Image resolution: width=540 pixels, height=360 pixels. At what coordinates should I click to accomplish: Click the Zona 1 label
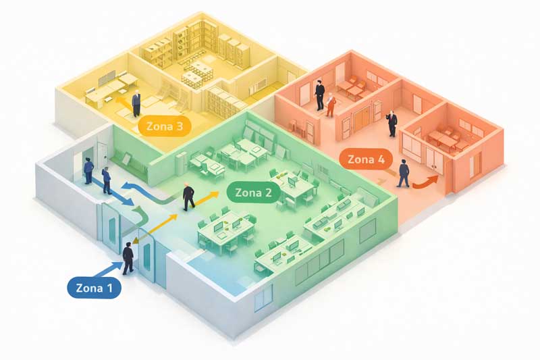94,288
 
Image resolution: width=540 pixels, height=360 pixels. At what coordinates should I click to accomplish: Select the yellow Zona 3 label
164,126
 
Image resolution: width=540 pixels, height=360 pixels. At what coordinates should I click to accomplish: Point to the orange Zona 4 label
366,159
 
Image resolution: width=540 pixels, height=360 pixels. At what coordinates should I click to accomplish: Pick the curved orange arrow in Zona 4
426,182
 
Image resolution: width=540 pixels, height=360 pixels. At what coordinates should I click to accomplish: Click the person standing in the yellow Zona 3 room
136,103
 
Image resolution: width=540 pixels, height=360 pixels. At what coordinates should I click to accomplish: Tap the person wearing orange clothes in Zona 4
330,105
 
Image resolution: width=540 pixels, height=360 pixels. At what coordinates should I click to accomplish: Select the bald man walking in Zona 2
188,197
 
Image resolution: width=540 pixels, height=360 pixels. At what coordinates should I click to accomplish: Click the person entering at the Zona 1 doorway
128,259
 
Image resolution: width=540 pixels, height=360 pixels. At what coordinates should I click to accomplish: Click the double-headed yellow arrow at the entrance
156,228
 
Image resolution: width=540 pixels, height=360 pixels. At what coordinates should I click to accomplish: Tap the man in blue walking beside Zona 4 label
403,175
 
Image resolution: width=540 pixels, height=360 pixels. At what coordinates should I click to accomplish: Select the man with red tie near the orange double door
392,124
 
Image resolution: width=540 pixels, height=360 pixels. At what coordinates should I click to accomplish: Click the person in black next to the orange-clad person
319,95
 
